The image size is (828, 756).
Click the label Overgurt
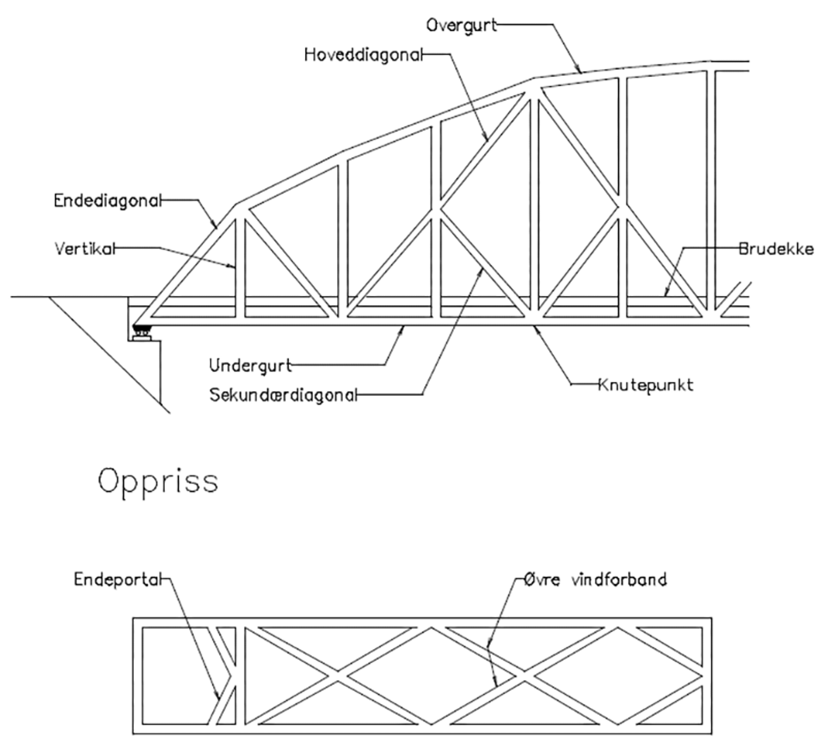(461, 25)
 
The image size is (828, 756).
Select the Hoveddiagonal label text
(364, 54)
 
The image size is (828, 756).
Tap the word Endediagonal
(108, 200)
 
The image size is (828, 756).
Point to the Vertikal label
(84, 249)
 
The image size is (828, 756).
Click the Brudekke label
(776, 249)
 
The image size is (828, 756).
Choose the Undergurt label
(250, 366)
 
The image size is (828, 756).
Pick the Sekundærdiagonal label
(283, 396)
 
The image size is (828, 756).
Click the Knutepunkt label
(645, 385)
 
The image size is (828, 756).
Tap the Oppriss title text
(158, 481)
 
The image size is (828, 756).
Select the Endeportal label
(118, 579)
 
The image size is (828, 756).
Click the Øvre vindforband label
(595, 579)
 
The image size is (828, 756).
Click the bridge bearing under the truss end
(141, 331)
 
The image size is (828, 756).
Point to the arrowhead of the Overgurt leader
(580, 71)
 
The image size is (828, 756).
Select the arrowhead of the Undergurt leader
(403, 327)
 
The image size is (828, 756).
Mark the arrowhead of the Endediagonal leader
(216, 227)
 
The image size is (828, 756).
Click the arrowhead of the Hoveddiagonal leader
(487, 139)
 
